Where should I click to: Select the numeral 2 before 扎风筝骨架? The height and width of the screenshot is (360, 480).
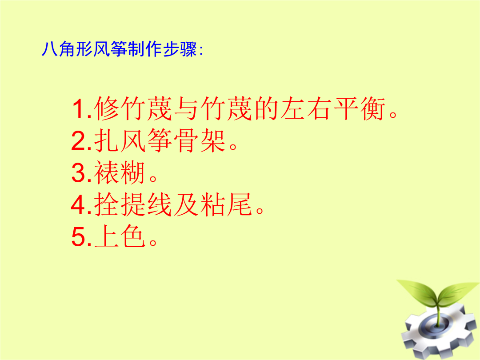[79, 141]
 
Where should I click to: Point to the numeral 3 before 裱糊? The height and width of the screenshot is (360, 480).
[79, 172]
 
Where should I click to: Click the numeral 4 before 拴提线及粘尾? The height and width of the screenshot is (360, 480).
[79, 204]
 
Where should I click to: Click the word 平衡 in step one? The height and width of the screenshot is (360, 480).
[360, 109]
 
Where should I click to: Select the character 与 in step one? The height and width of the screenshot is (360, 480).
[187, 109]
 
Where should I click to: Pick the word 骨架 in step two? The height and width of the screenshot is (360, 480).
[200, 141]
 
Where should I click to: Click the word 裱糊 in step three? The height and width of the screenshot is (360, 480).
[120, 172]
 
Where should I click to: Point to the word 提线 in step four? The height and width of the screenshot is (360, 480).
[146, 204]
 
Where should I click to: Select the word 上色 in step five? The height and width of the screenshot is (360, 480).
[120, 236]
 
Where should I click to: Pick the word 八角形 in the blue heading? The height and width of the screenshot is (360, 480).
[67, 49]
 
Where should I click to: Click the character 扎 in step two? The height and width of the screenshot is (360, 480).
[106, 141]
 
